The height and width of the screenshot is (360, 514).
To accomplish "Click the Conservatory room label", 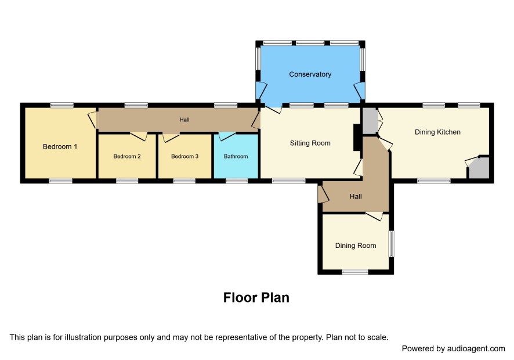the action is click(310, 74).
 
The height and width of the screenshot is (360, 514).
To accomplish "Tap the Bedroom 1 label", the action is click(60, 147).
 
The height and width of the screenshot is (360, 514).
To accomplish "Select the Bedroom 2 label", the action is click(127, 157).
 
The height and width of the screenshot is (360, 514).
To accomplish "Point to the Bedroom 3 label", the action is click(184, 157).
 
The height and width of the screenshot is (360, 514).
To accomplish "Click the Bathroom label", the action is click(236, 157).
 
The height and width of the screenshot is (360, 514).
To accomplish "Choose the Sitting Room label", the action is click(310, 143).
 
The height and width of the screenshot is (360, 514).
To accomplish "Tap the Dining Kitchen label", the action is click(437, 132).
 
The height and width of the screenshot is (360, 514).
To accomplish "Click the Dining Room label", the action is click(356, 246).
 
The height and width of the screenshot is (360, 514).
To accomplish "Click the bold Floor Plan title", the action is click(256, 298).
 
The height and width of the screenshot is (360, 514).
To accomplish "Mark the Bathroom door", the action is click(227, 135).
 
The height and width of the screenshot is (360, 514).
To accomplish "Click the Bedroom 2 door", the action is click(139, 136).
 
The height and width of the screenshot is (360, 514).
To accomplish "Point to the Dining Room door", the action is click(374, 216).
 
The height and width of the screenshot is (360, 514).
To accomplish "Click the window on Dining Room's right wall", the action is click(392, 244).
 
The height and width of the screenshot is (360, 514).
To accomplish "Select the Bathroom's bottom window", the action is click(237, 181).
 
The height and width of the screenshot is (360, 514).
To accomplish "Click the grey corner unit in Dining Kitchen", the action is click(480, 168).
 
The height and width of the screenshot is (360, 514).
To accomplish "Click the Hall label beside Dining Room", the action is click(356, 197).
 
